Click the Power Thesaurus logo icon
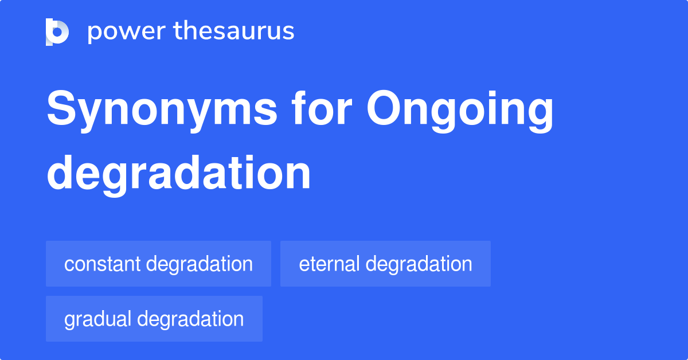(x=57, y=32)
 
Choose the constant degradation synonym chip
(x=158, y=264)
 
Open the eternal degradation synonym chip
(x=385, y=264)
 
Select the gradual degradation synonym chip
(x=154, y=319)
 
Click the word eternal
(x=329, y=264)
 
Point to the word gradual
(x=98, y=319)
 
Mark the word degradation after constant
(x=200, y=264)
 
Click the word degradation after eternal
(x=419, y=264)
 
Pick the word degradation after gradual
(x=191, y=319)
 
